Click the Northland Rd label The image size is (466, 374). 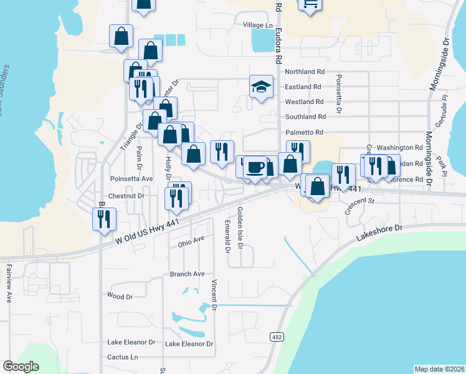(x=305, y=72)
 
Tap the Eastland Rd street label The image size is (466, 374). (x=303, y=87)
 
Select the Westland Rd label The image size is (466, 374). (x=304, y=102)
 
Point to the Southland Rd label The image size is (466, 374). (x=305, y=117)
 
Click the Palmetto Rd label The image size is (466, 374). (x=304, y=132)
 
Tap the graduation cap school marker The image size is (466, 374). (x=262, y=87)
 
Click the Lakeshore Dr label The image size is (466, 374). (x=381, y=233)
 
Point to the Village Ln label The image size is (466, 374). (x=258, y=25)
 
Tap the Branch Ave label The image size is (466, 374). (x=188, y=274)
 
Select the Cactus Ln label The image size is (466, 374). (x=122, y=357)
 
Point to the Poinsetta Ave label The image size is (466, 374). (x=131, y=178)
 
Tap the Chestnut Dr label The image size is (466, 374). (x=126, y=196)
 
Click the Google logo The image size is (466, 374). (x=21, y=367)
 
